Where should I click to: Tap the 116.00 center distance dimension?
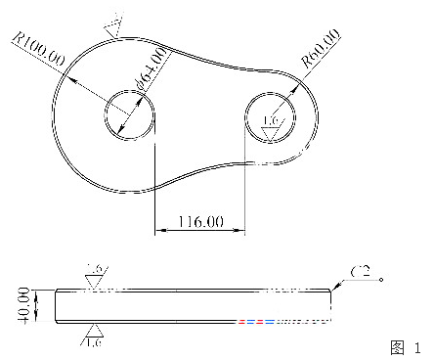(198, 223)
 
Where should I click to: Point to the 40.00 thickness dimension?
(24, 303)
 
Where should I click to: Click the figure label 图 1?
(404, 346)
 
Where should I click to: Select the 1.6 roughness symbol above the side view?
(95, 275)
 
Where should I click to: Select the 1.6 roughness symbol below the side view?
(94, 336)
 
